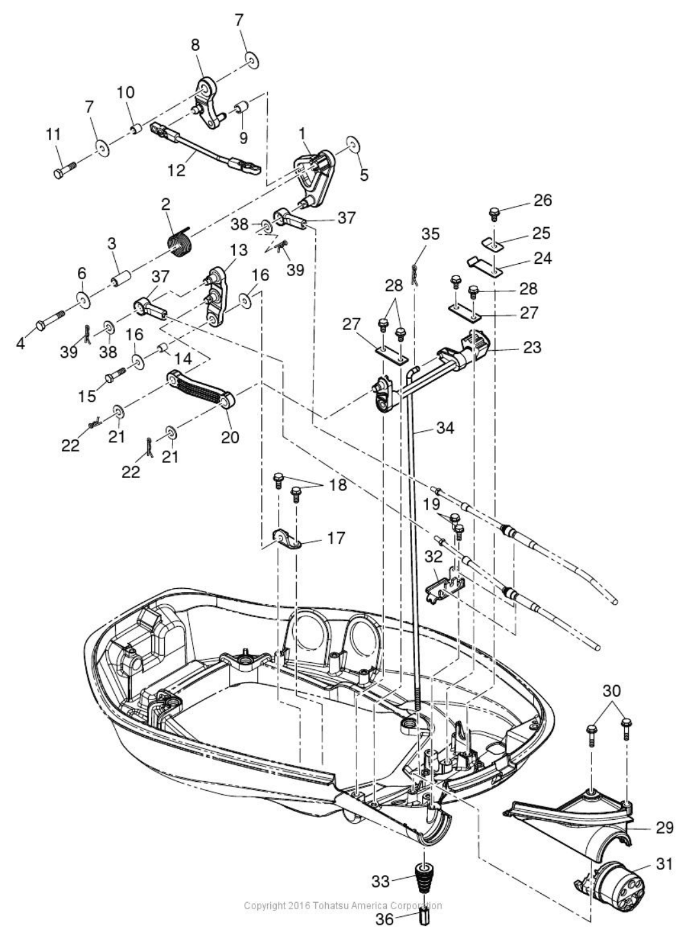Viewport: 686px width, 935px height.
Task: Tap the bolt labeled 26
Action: pyautogui.click(x=494, y=213)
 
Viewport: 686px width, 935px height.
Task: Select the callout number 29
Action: pyautogui.click(x=665, y=827)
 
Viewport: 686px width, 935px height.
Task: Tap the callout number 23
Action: pyautogui.click(x=532, y=347)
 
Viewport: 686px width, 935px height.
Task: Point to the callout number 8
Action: pyautogui.click(x=195, y=44)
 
